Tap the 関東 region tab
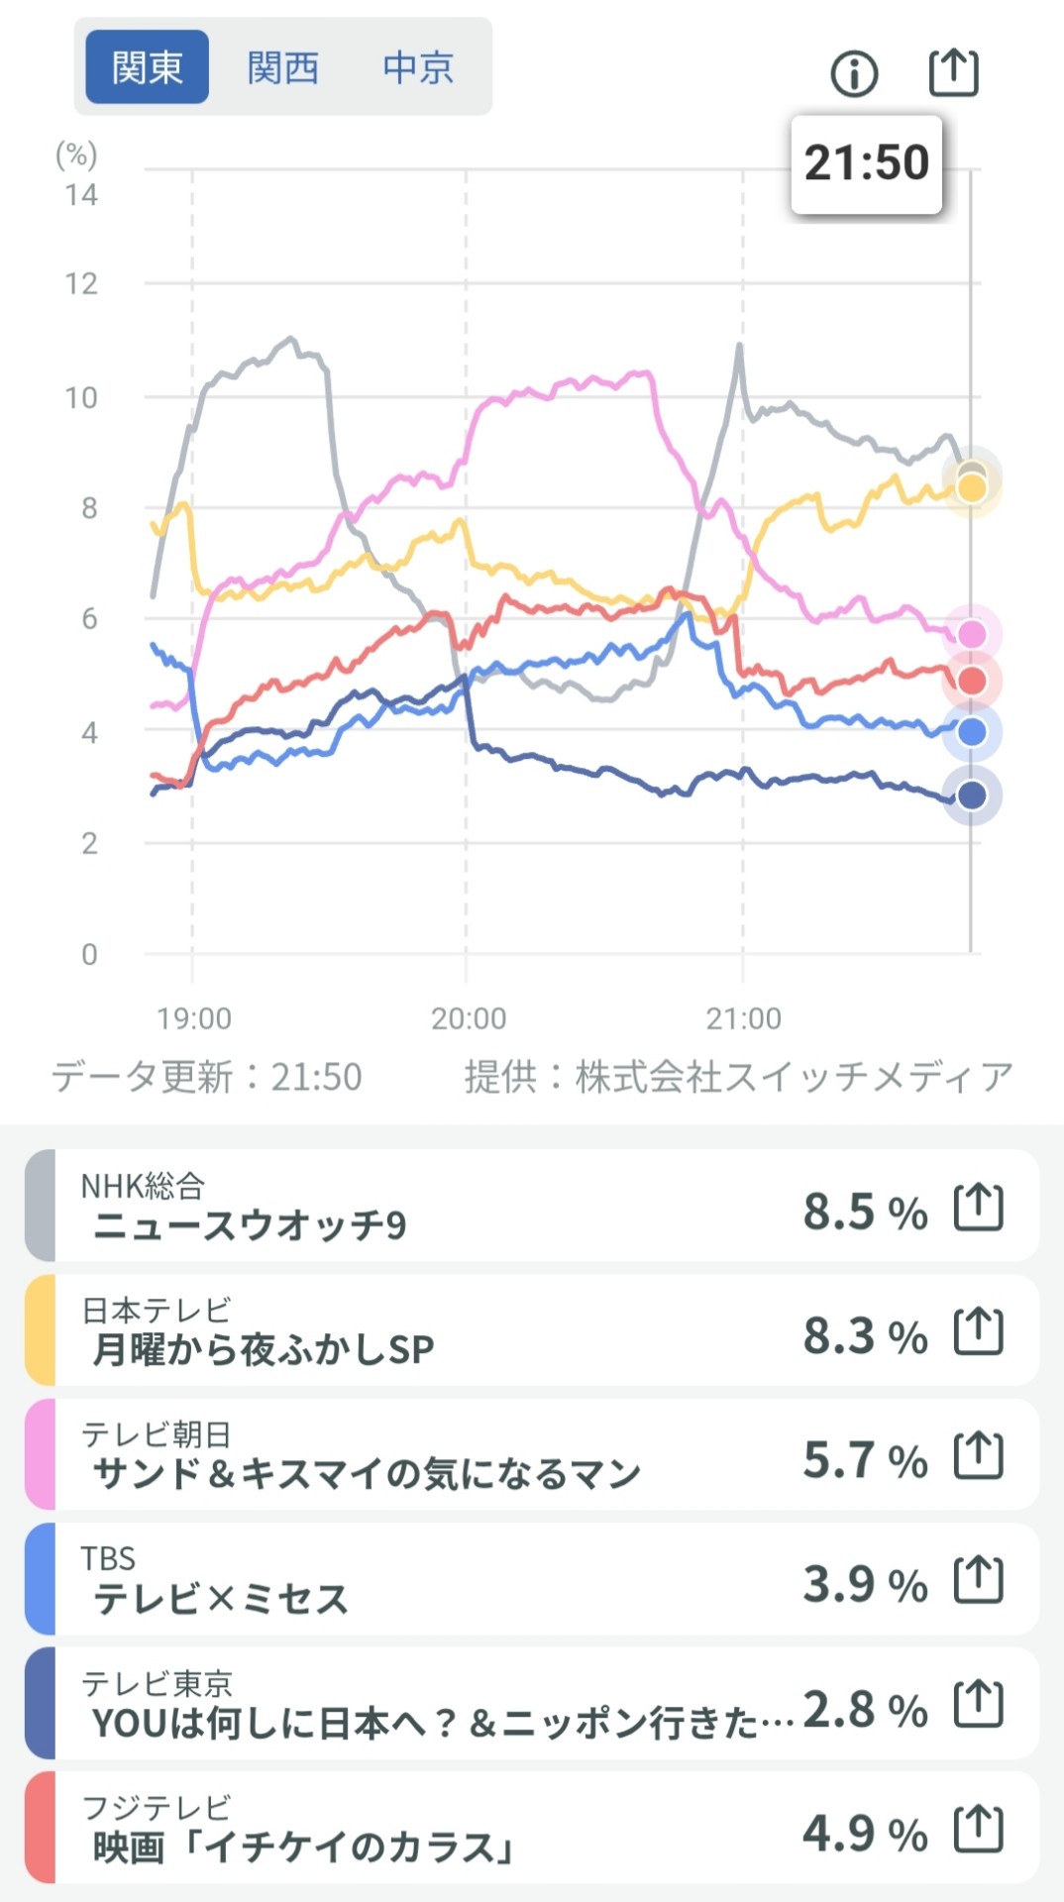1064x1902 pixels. tap(147, 67)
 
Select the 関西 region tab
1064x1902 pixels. tap(283, 67)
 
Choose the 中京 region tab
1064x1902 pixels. tap(418, 67)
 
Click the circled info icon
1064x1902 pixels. tap(854, 73)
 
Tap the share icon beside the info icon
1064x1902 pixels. tap(953, 72)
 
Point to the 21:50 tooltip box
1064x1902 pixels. tap(866, 163)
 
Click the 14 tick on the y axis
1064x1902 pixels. tap(82, 194)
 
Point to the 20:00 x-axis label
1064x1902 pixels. tap(468, 1018)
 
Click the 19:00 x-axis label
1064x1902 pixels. tap(194, 1018)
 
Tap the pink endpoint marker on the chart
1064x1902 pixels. tap(972, 634)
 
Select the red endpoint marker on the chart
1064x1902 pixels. tap(972, 682)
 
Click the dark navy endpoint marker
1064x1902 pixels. tap(972, 794)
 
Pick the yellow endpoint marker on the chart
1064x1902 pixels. tap(973, 488)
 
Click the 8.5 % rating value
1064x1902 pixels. tap(865, 1212)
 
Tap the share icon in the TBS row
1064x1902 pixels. tap(978, 1580)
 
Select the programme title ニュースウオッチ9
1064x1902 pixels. tap(250, 1226)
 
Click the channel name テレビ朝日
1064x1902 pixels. tap(157, 1433)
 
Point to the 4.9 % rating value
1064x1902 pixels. tap(865, 1834)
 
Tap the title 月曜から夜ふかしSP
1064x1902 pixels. tap(264, 1349)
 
